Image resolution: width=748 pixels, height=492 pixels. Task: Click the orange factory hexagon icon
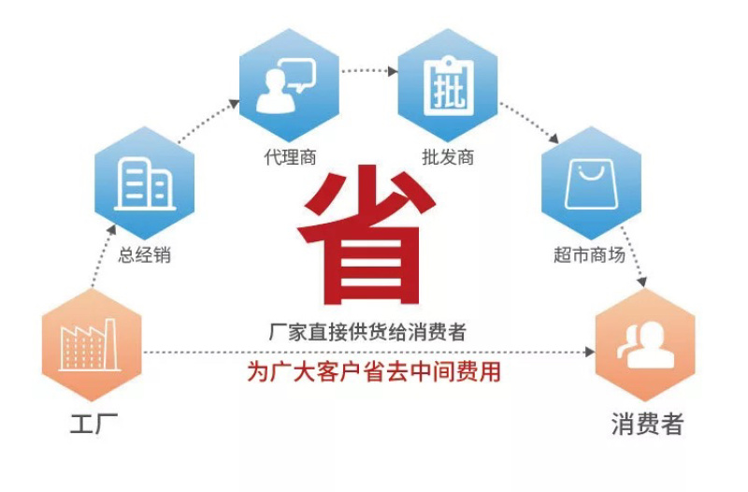tap(92, 344)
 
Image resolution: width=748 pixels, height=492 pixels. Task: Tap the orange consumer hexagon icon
tap(645, 344)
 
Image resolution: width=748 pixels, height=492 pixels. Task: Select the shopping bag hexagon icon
tap(592, 183)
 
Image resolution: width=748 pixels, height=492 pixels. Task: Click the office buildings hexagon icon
tap(145, 183)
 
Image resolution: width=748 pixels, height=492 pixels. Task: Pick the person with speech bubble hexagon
tap(289, 85)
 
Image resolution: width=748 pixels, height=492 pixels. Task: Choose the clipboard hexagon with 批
tap(448, 85)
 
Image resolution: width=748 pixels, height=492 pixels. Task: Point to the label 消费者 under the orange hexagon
tap(647, 424)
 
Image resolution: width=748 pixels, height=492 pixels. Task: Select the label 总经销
tap(145, 254)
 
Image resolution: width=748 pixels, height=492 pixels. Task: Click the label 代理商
tap(290, 156)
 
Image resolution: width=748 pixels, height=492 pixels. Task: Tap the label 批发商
tap(448, 156)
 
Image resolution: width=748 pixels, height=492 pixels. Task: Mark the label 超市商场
tap(589, 254)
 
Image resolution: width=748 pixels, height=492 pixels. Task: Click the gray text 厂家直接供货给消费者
tap(367, 332)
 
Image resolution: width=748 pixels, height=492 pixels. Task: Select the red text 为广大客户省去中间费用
tap(373, 371)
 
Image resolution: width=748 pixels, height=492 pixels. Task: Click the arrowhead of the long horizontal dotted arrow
tap(590, 353)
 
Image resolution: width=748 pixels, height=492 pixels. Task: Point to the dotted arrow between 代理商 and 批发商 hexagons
tap(369, 71)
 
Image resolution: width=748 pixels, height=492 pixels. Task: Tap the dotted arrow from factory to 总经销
tap(103, 256)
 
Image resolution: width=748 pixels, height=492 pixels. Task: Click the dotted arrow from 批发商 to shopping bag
tap(529, 123)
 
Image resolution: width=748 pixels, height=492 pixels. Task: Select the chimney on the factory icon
tap(110, 342)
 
